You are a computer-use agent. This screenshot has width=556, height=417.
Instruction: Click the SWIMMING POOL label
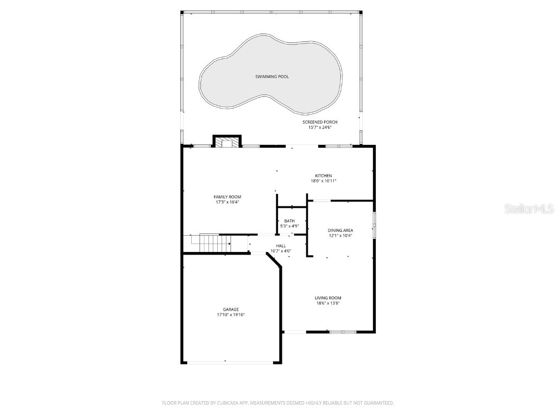click(x=272, y=77)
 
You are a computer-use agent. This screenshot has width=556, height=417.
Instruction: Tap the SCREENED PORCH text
click(x=320, y=122)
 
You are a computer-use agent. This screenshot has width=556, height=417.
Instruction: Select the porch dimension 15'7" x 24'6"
click(x=320, y=128)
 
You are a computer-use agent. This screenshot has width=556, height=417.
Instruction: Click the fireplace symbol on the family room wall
click(x=226, y=142)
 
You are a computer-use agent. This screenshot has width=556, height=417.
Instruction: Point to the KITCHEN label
click(x=324, y=176)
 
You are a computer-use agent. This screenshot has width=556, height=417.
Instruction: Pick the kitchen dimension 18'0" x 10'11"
click(x=324, y=181)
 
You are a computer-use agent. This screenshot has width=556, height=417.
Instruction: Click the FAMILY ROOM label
click(x=227, y=197)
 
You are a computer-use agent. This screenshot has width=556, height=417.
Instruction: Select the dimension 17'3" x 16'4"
click(x=227, y=202)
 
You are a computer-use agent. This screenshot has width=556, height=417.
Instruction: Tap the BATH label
click(x=289, y=220)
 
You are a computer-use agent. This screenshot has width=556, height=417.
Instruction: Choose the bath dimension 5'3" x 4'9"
click(x=289, y=226)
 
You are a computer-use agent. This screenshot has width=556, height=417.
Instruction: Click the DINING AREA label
click(x=340, y=230)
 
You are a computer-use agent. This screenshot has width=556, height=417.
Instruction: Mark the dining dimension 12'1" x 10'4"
click(x=340, y=236)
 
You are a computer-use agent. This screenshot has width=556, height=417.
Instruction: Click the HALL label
click(x=281, y=246)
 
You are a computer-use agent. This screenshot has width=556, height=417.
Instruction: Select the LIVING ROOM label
click(x=328, y=298)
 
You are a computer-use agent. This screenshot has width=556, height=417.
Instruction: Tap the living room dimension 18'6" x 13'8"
click(x=328, y=304)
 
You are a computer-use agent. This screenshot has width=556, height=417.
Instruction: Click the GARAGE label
click(x=231, y=309)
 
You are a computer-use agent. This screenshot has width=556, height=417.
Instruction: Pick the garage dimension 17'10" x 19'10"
click(x=231, y=314)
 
